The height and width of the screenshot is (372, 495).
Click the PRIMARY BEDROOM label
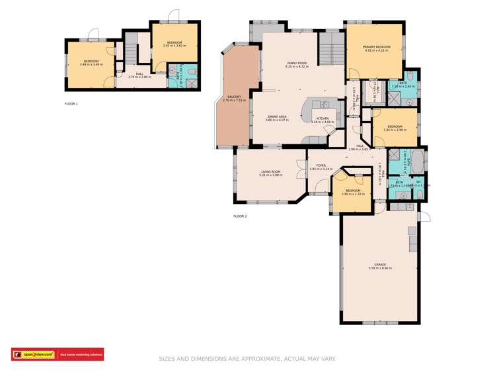[376, 47]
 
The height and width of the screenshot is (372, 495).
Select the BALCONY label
[234, 97]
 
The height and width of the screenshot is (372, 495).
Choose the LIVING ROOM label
[270, 171]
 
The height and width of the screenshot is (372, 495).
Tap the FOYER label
[321, 165]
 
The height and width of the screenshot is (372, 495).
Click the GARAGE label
[380, 264]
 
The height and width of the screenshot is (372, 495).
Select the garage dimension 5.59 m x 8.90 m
[380, 268]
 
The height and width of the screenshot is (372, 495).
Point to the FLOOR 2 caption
[240, 216]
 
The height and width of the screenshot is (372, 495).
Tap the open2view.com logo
[33, 355]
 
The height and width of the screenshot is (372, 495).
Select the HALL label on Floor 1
[139, 73]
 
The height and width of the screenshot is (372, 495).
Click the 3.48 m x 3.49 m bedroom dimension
[91, 64]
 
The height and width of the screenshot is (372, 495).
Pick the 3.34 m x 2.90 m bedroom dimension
[395, 130]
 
